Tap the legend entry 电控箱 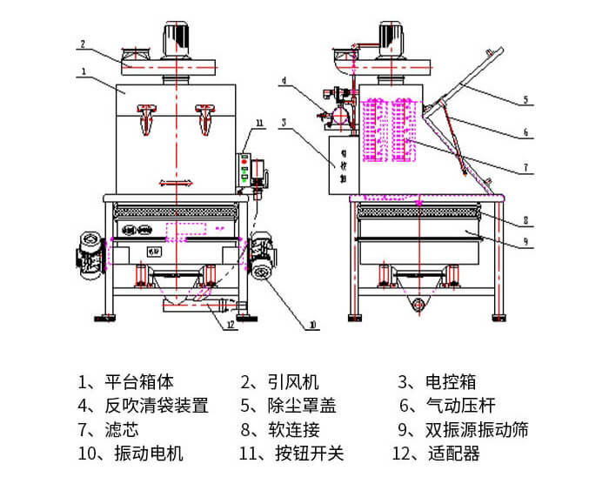pos(438,381)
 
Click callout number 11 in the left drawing pos(259,121)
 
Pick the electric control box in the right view pos(338,163)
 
